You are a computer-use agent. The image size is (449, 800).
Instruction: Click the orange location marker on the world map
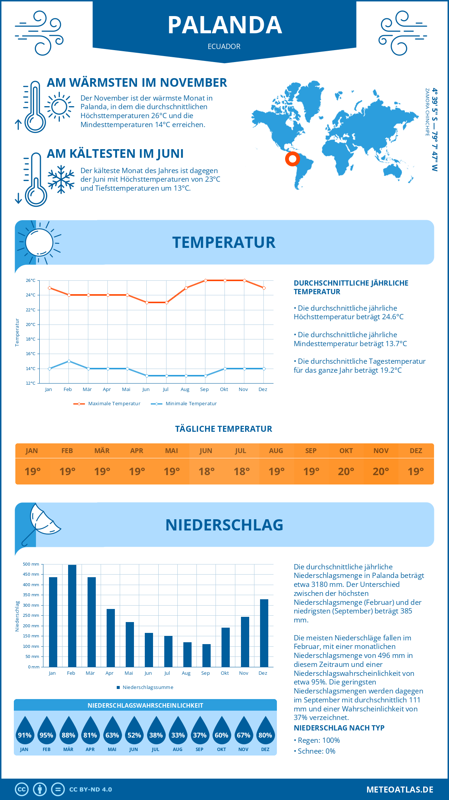(292, 159)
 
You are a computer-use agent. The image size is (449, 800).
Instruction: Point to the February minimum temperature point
(69, 361)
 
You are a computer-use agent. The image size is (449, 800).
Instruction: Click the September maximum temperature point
(205, 280)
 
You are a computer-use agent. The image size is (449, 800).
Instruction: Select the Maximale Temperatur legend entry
(107, 404)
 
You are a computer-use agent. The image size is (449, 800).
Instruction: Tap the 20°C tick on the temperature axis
(31, 324)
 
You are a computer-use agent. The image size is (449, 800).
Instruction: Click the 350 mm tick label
(32, 595)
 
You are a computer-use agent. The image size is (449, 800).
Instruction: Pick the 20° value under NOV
(381, 471)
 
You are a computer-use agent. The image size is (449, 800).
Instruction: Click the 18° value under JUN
(207, 471)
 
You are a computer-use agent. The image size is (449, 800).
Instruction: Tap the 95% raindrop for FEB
(46, 733)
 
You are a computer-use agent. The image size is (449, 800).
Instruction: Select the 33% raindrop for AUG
(178, 733)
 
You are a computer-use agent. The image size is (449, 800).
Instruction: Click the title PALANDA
(224, 25)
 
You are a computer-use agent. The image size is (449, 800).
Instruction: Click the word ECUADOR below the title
(224, 46)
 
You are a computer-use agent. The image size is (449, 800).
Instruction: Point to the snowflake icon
(61, 179)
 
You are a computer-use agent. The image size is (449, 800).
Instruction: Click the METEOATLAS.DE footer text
(400, 790)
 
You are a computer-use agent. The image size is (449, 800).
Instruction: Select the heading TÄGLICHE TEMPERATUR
(224, 429)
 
